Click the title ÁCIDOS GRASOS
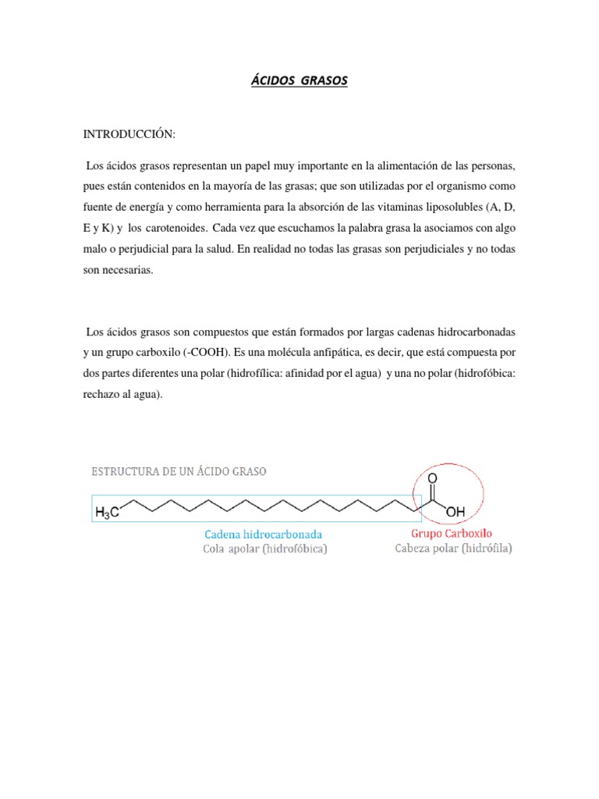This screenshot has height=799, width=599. (x=299, y=81)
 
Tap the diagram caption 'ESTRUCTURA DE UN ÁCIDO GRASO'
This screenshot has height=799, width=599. (x=179, y=472)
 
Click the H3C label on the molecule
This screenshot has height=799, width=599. (x=107, y=513)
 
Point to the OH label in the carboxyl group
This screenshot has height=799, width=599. (x=455, y=512)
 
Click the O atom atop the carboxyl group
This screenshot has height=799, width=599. (x=433, y=478)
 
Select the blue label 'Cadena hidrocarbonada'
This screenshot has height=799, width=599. (x=263, y=534)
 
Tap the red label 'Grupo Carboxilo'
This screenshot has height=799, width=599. (x=452, y=534)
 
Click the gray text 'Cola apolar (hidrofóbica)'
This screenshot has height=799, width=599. (x=264, y=549)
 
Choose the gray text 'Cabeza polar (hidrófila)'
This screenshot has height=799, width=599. (x=452, y=549)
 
